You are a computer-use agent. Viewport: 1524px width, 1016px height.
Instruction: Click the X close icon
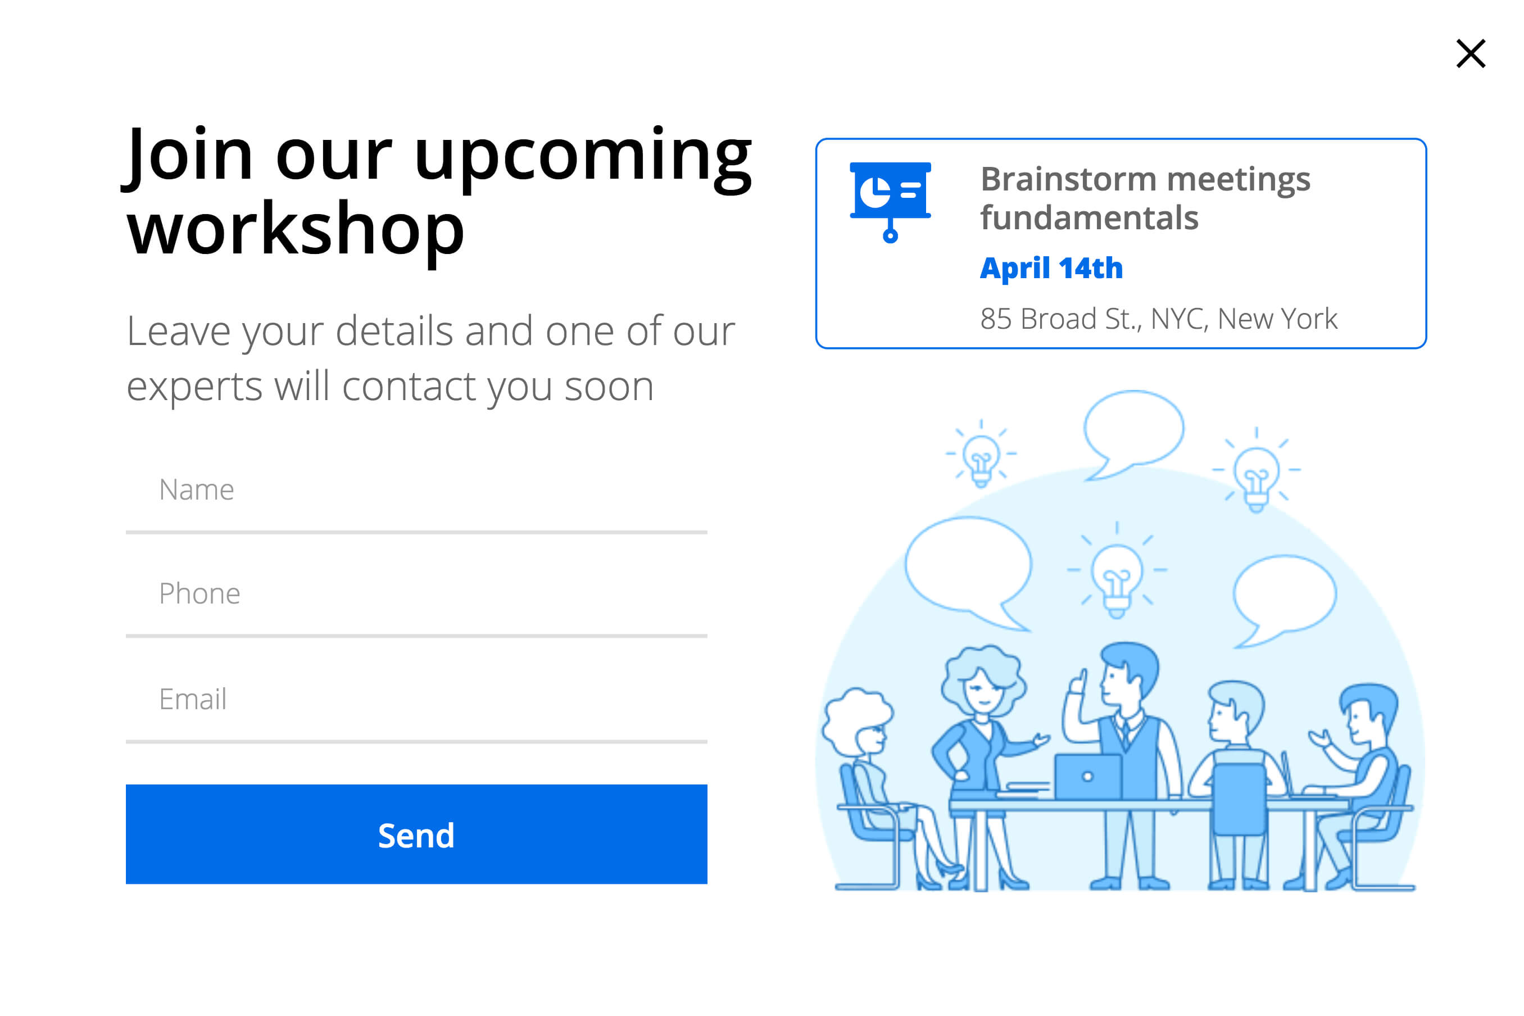(1470, 53)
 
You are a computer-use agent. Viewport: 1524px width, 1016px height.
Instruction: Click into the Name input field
(416, 491)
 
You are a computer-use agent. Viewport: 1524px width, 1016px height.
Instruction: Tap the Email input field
(416, 700)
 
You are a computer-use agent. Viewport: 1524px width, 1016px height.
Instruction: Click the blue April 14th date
(1051, 268)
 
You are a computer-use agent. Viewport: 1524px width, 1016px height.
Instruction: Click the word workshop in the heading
(296, 229)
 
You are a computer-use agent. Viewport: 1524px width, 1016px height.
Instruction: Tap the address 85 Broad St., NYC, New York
(1159, 319)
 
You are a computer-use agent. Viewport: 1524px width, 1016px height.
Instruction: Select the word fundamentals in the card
(1089, 217)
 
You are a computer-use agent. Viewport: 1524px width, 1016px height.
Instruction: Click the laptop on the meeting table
(1087, 776)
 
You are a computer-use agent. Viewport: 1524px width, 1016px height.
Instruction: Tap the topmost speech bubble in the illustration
(1133, 433)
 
